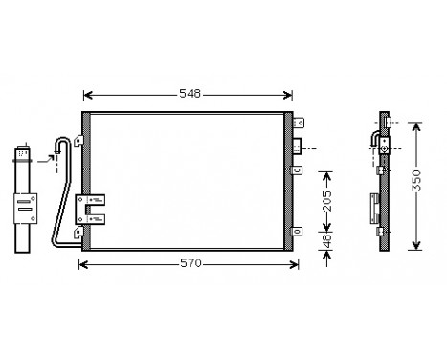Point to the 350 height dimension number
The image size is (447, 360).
coord(416,184)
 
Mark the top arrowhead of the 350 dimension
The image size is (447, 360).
coord(416,125)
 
